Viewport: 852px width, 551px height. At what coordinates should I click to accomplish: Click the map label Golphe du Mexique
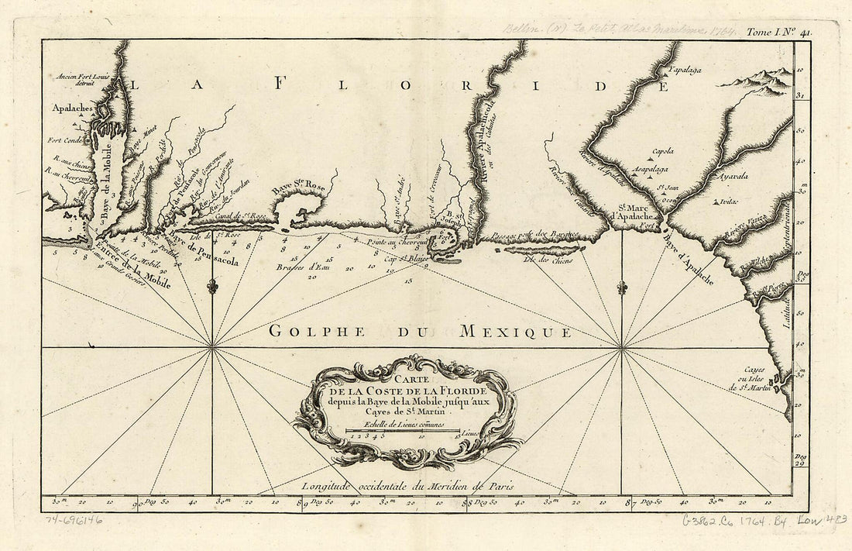tap(421, 332)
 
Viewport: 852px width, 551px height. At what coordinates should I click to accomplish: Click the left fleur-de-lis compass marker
tap(212, 288)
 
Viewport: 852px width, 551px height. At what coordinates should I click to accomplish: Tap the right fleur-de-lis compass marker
tap(621, 288)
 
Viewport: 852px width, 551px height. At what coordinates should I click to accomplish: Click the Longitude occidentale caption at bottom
tap(408, 486)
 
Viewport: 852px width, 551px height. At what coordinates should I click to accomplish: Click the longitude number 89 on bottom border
tap(302, 503)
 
